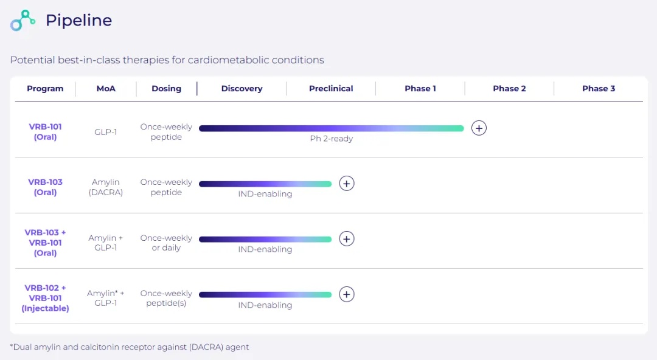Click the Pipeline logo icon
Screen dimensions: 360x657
point(23,21)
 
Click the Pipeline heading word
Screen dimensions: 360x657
point(78,21)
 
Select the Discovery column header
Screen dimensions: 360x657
point(242,89)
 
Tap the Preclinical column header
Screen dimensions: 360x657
point(331,89)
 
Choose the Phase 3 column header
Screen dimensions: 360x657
point(599,89)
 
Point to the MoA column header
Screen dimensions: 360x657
point(106,89)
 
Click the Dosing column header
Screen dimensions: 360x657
point(167,89)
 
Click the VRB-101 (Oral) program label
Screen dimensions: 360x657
point(46,132)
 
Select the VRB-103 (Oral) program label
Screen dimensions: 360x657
point(46,187)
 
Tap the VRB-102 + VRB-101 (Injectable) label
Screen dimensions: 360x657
point(46,298)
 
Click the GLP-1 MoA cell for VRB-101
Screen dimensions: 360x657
point(106,132)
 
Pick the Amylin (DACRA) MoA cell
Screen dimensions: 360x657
point(106,187)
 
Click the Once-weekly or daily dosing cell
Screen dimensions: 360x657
point(166,243)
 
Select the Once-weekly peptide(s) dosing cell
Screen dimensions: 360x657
point(166,298)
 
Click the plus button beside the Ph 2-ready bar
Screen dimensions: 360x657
point(479,128)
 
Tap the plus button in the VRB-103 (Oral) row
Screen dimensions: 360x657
point(347,184)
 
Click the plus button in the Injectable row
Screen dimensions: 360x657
point(347,294)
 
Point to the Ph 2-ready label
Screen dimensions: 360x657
point(332,139)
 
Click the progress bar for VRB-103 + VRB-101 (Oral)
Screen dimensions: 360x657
point(265,239)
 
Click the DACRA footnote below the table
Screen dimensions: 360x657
point(130,347)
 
